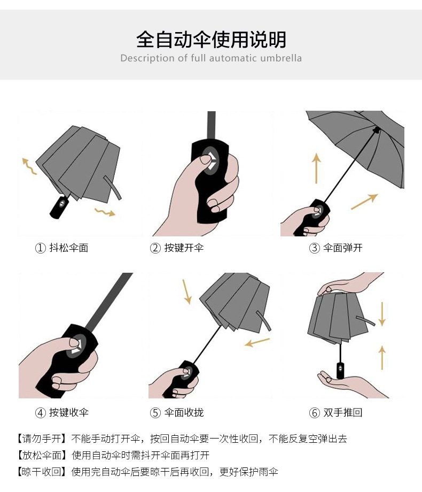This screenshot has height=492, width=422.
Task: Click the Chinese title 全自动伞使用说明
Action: point(211,40)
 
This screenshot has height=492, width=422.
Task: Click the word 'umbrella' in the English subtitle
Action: point(281,58)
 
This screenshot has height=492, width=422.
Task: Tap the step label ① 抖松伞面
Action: point(61,248)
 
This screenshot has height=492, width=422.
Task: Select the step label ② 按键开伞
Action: point(177,248)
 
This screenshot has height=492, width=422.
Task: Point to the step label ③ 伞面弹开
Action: point(336,248)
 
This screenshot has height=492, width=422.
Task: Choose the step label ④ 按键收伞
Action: point(61,412)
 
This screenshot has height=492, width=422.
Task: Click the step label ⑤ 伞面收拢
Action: point(177,412)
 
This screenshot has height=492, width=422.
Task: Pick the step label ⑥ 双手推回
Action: point(336,412)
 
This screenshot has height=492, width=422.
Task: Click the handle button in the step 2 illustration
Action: point(209,158)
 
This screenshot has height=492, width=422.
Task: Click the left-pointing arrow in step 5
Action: point(257,341)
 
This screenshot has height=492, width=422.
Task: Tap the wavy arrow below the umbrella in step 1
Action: point(105,212)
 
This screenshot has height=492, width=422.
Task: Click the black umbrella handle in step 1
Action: point(60,206)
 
